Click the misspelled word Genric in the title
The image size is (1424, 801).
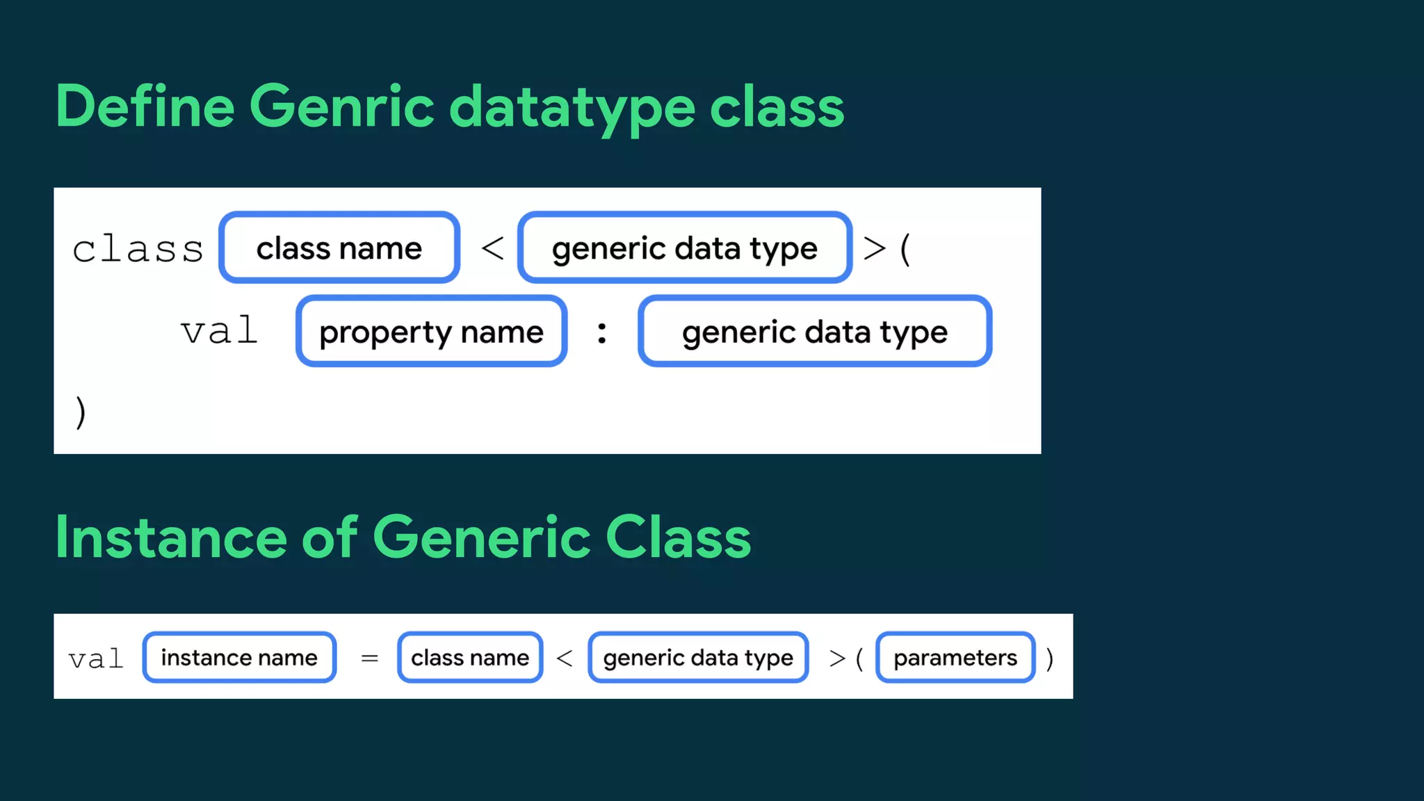[341, 106]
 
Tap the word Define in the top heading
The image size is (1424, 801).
[145, 106]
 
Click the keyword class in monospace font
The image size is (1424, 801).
[138, 249]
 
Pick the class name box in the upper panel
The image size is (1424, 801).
[339, 248]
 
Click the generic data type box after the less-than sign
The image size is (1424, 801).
[685, 248]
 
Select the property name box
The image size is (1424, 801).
[431, 332]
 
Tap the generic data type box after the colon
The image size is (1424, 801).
[814, 332]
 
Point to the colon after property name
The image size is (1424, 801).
[602, 332]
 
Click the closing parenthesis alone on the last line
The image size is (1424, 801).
[81, 412]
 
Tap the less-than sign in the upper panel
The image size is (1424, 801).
[492, 248]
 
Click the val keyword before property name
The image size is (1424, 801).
[219, 331]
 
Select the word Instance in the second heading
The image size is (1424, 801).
[170, 537]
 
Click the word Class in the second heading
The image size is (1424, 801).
[678, 537]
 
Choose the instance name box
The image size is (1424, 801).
[239, 657]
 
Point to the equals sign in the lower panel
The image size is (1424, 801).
[370, 658]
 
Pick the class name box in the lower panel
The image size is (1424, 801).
[470, 657]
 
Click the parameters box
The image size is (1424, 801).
[955, 657]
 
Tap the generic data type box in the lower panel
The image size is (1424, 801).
[698, 657]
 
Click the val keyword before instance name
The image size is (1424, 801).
[96, 658]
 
